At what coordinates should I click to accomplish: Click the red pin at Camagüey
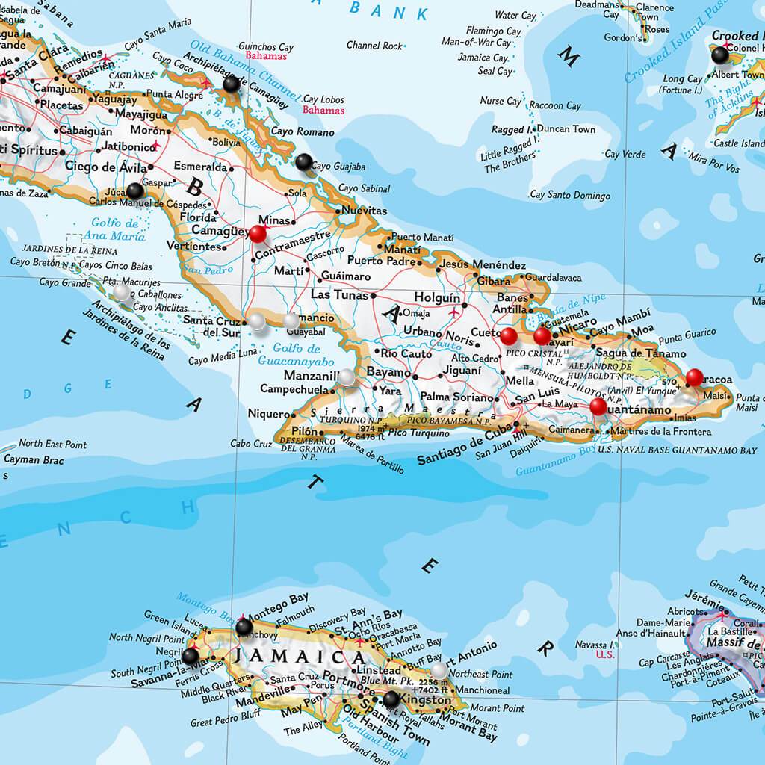click(x=258, y=234)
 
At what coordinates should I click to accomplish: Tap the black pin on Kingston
click(x=391, y=699)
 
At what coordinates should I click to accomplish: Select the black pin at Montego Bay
click(x=244, y=626)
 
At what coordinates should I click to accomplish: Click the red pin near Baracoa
click(x=695, y=377)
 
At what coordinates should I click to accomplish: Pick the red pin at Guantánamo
click(x=598, y=406)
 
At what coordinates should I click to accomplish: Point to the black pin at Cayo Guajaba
click(x=303, y=161)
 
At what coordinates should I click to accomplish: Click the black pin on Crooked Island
click(x=720, y=55)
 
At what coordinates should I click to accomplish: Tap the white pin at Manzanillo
click(x=347, y=377)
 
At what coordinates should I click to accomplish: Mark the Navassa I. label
click(x=595, y=644)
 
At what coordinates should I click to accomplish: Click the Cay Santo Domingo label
click(x=570, y=195)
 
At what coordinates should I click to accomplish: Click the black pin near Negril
click(x=191, y=655)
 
